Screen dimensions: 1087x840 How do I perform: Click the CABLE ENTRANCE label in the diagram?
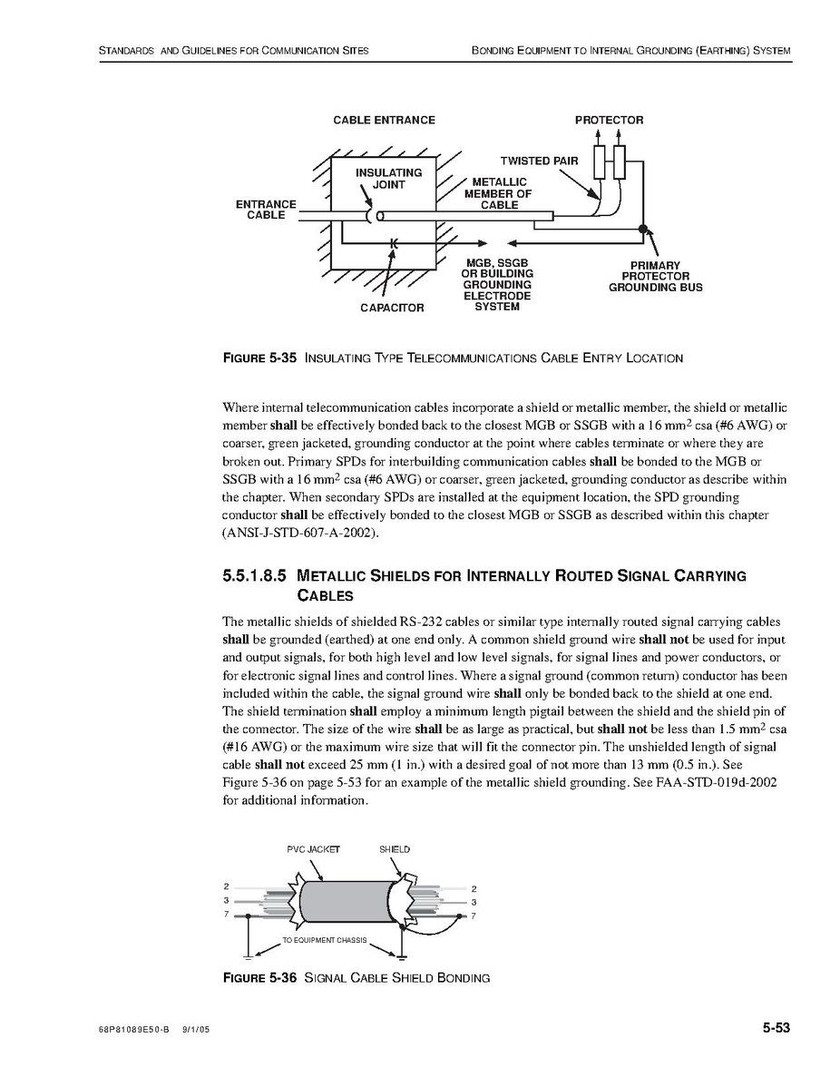384,120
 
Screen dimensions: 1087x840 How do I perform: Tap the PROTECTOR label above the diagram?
609,120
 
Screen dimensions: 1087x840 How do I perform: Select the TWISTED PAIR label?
539,162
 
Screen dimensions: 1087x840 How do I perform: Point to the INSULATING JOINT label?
388,178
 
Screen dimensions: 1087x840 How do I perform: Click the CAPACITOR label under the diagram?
392,308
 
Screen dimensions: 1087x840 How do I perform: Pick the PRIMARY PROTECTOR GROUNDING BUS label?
655,277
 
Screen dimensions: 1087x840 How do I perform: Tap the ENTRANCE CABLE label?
266,210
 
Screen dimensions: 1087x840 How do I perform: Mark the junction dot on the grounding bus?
643,230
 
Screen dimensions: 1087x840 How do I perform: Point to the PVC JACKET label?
313,849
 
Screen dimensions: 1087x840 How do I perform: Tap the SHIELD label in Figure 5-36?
395,849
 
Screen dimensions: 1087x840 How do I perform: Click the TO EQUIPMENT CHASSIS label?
324,940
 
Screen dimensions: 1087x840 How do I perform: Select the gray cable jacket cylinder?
347,901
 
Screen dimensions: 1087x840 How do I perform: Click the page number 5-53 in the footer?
777,1028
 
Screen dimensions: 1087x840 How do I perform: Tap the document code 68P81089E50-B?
133,1031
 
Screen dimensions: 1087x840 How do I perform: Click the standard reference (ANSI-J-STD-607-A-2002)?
299,532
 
